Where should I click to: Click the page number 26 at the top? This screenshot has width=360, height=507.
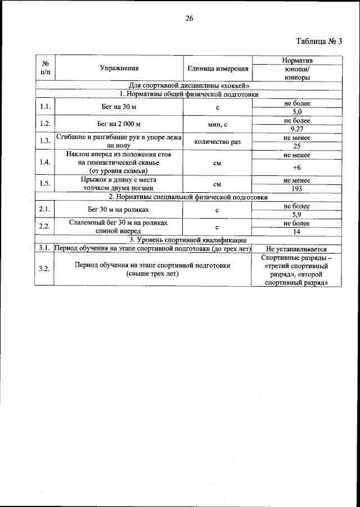click(189, 19)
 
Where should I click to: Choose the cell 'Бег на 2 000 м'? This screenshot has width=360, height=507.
click(119, 124)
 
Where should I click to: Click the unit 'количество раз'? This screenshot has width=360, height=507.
click(217, 142)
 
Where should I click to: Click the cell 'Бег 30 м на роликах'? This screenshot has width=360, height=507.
click(119, 210)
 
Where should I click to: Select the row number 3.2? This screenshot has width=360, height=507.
click(44, 269)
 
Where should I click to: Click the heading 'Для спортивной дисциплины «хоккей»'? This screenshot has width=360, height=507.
click(189, 85)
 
